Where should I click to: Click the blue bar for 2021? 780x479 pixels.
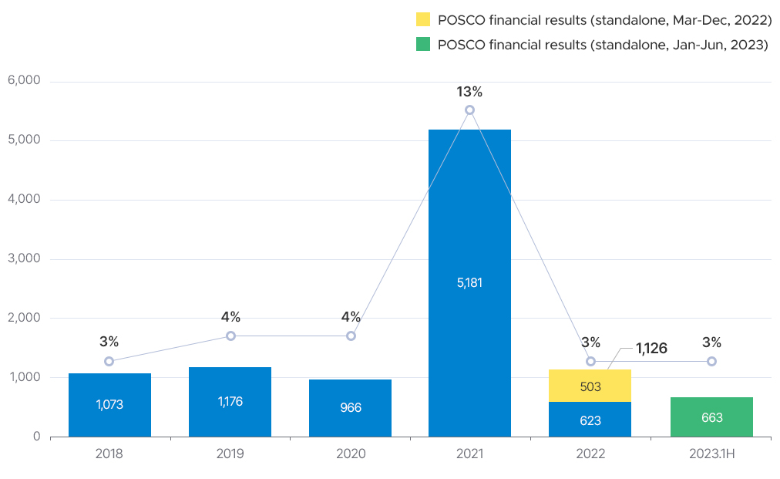469,231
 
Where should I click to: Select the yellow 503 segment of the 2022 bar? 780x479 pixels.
590,386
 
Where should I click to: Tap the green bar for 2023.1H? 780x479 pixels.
711,417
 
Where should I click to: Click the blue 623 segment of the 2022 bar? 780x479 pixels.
590,420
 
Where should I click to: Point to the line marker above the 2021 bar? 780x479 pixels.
469,110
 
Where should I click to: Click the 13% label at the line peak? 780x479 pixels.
469,92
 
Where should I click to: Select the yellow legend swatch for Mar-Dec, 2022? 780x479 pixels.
422,20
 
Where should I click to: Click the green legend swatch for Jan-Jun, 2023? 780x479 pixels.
422,45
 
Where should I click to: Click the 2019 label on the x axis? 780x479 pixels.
230,454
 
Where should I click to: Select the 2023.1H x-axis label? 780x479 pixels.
711,454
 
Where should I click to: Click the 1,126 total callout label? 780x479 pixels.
651,348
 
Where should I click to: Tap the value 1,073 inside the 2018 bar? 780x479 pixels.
109,404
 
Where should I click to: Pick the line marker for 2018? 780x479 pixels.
109,361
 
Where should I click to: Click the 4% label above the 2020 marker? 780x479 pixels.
351,317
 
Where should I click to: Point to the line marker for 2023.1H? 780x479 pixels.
711,361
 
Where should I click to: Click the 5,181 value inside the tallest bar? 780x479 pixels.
469,282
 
